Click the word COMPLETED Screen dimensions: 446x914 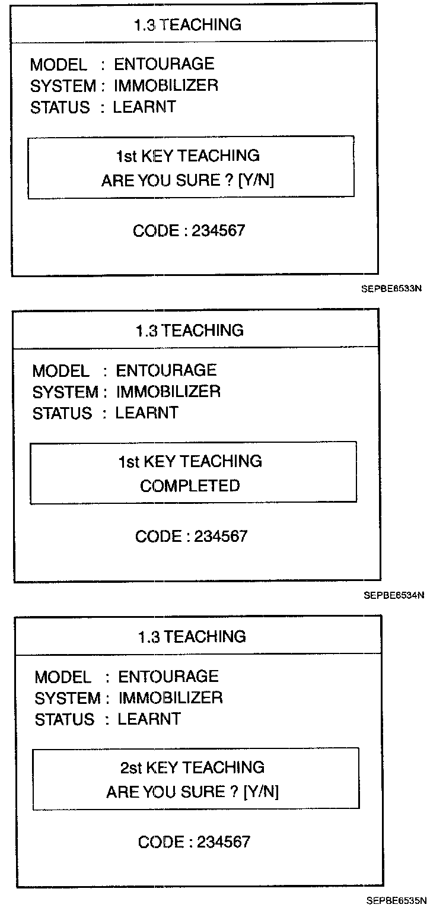coord(190,485)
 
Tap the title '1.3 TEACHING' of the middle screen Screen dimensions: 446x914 coord(189,330)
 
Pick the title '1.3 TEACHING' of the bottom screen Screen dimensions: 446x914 coord(192,636)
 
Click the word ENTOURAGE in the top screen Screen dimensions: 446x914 coord(164,64)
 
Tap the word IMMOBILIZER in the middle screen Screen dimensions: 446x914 coord(168,392)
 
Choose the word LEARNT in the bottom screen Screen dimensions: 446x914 coord(149,719)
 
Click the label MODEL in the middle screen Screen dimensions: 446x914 coord(61,371)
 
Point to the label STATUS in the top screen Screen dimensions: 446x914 coord(60,107)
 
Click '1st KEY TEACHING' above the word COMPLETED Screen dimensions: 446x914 coord(190,461)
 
